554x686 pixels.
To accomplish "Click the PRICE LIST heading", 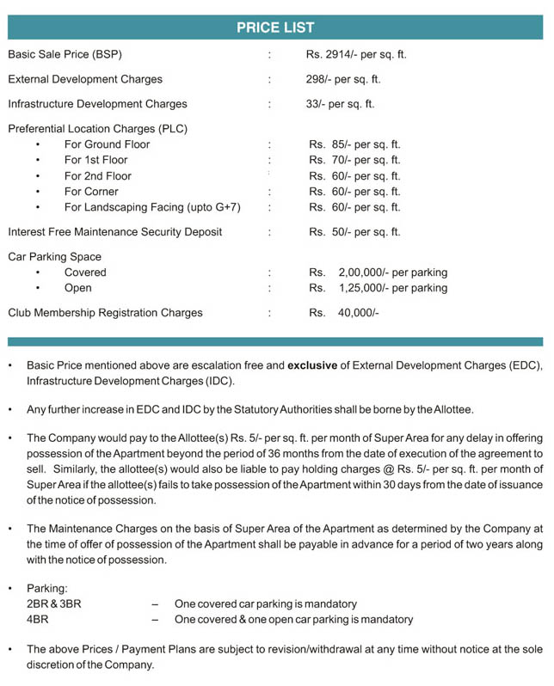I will tap(275, 28).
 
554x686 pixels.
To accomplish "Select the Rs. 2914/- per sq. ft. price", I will tap(356, 54).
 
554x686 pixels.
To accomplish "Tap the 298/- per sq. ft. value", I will tap(343, 79).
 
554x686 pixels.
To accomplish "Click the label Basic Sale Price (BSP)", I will tap(65, 54).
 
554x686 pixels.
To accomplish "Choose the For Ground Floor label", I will tap(107, 144).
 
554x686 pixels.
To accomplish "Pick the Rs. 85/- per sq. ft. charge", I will tap(354, 144).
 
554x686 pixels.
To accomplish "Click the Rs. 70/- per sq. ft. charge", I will tap(354, 160).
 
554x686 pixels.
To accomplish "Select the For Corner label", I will tap(91, 192).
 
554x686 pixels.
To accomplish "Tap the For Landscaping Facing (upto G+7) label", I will tap(152, 207).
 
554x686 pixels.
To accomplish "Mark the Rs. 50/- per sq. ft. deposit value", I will tap(354, 232).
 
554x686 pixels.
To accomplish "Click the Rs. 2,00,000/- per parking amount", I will tap(379, 273).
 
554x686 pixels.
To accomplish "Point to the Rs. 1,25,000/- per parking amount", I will tap(379, 288).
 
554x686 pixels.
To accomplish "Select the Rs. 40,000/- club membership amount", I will tap(345, 313).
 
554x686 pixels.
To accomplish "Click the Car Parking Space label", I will tap(54, 257).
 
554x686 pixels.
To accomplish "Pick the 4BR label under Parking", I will tap(38, 619).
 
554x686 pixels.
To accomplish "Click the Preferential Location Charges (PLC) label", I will tap(97, 129).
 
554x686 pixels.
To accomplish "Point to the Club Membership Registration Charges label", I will tap(105, 313).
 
